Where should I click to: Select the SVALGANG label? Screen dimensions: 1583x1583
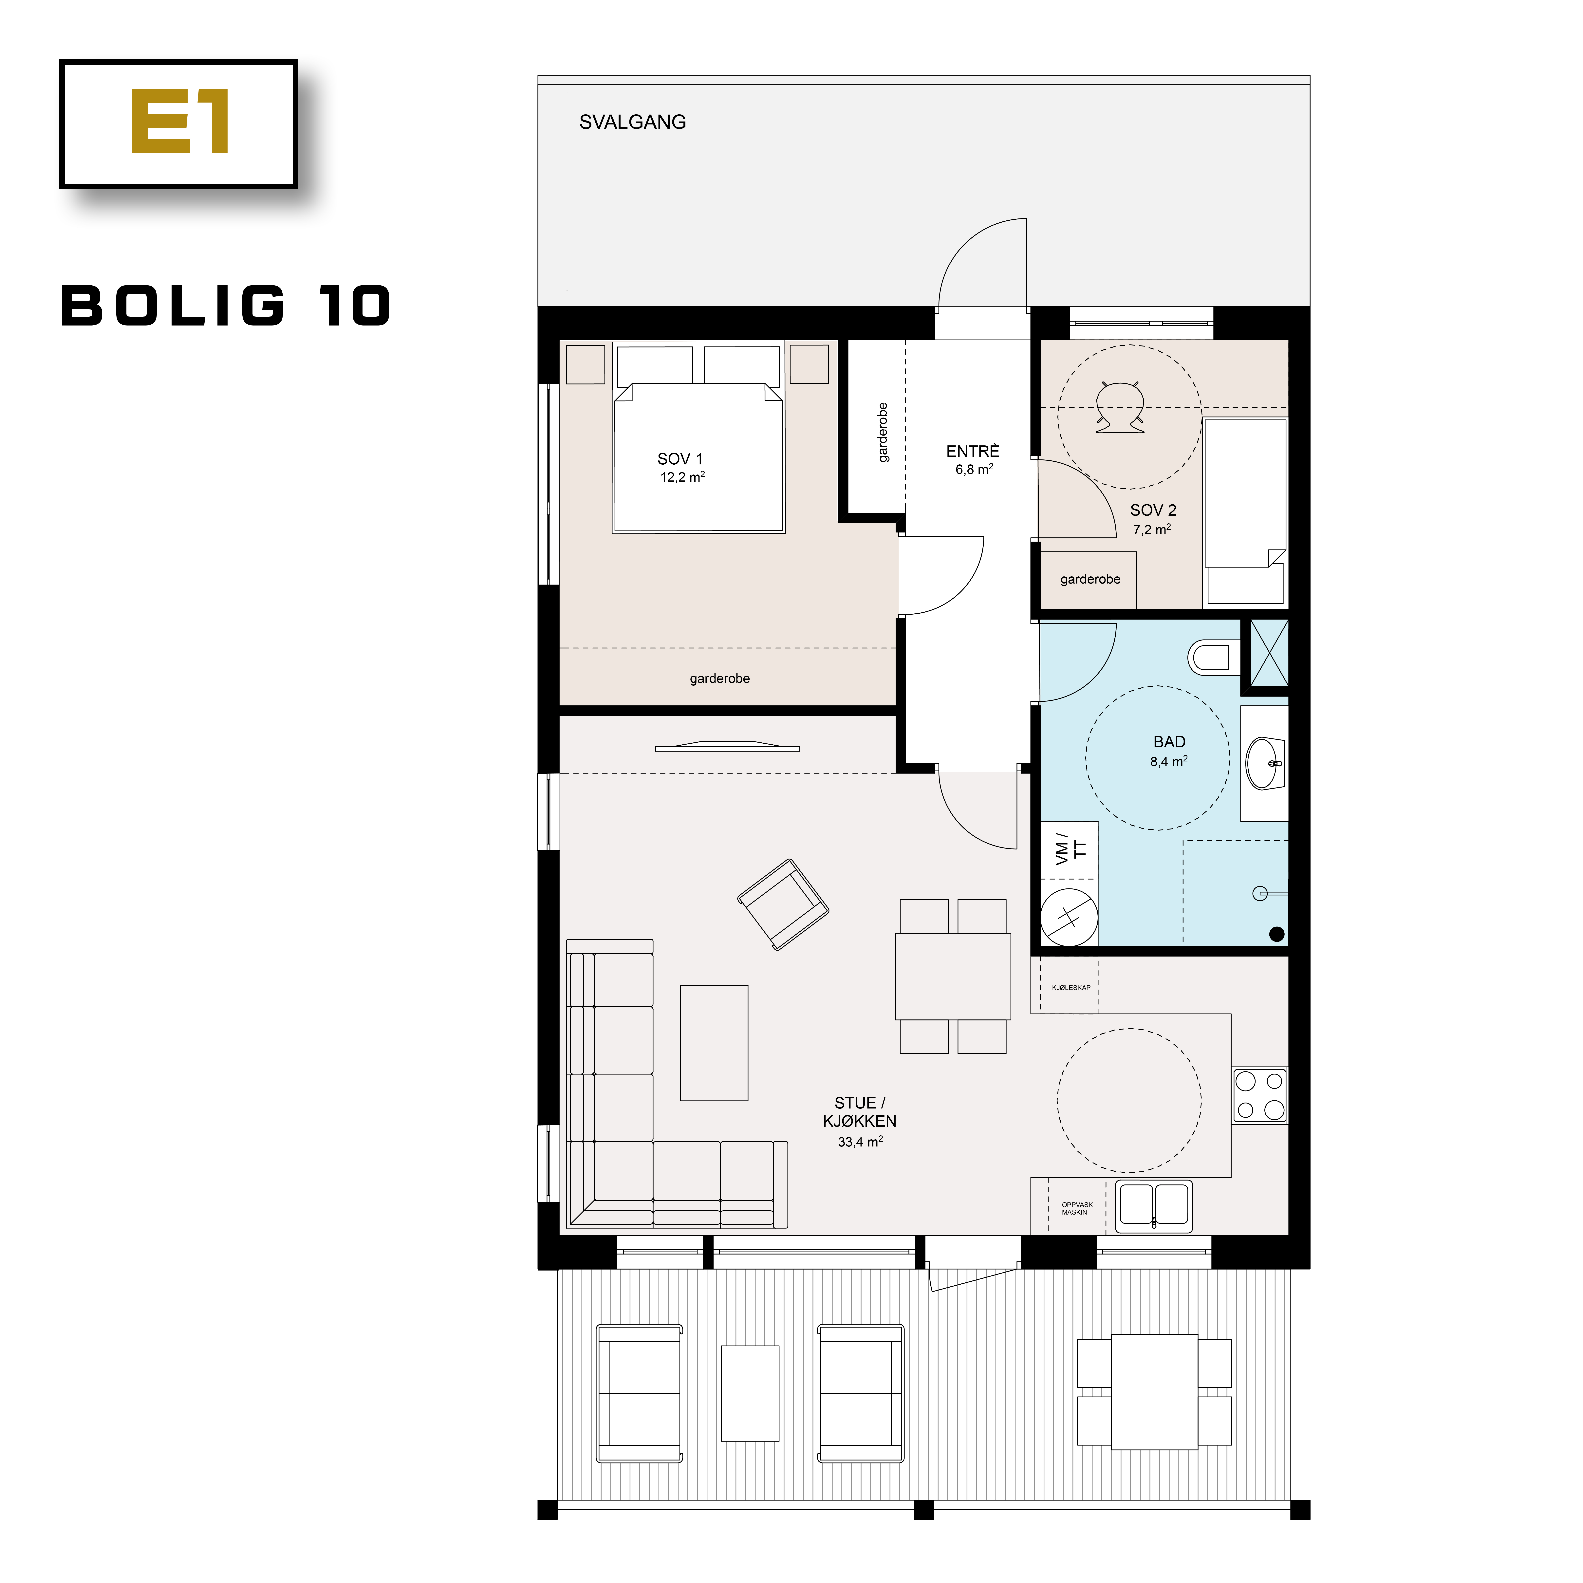point(633,122)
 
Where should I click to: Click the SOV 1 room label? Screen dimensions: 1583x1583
point(680,459)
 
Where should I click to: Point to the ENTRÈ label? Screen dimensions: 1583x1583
point(973,452)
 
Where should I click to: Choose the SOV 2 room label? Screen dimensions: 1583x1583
point(1153,510)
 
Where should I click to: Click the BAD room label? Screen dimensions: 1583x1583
point(1169,741)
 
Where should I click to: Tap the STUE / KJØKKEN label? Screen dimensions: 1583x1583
point(860,1112)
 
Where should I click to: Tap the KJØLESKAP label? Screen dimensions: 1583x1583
point(1071,987)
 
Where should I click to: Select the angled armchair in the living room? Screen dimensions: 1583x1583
point(782,904)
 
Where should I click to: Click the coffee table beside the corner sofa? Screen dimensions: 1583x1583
point(714,1042)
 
